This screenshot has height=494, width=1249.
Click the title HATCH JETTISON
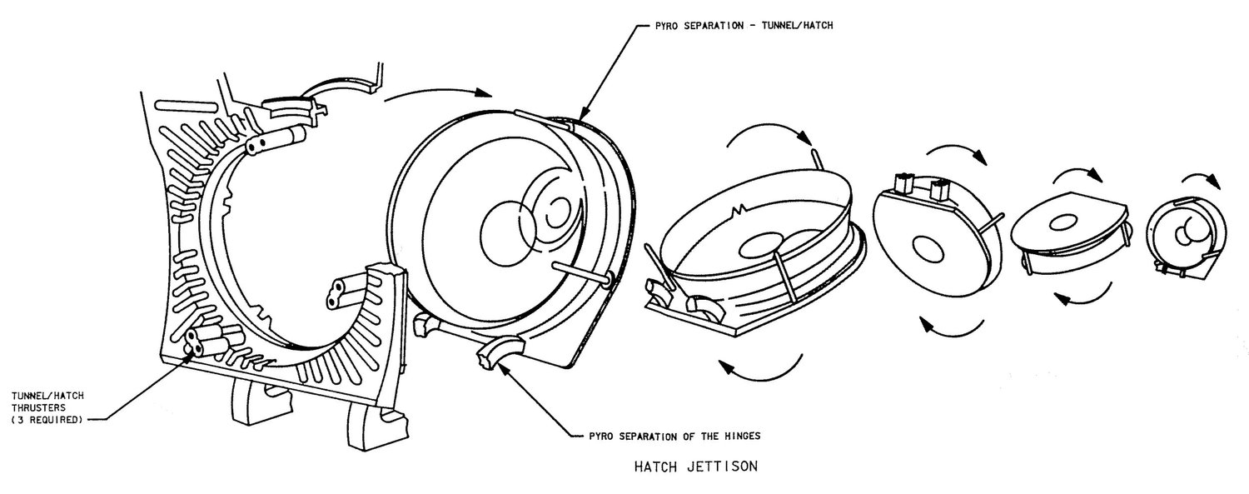click(x=696, y=467)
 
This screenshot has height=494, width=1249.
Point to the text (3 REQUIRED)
click(x=47, y=420)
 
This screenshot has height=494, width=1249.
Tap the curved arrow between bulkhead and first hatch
click(x=438, y=93)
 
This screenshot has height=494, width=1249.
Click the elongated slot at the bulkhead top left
click(x=186, y=105)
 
